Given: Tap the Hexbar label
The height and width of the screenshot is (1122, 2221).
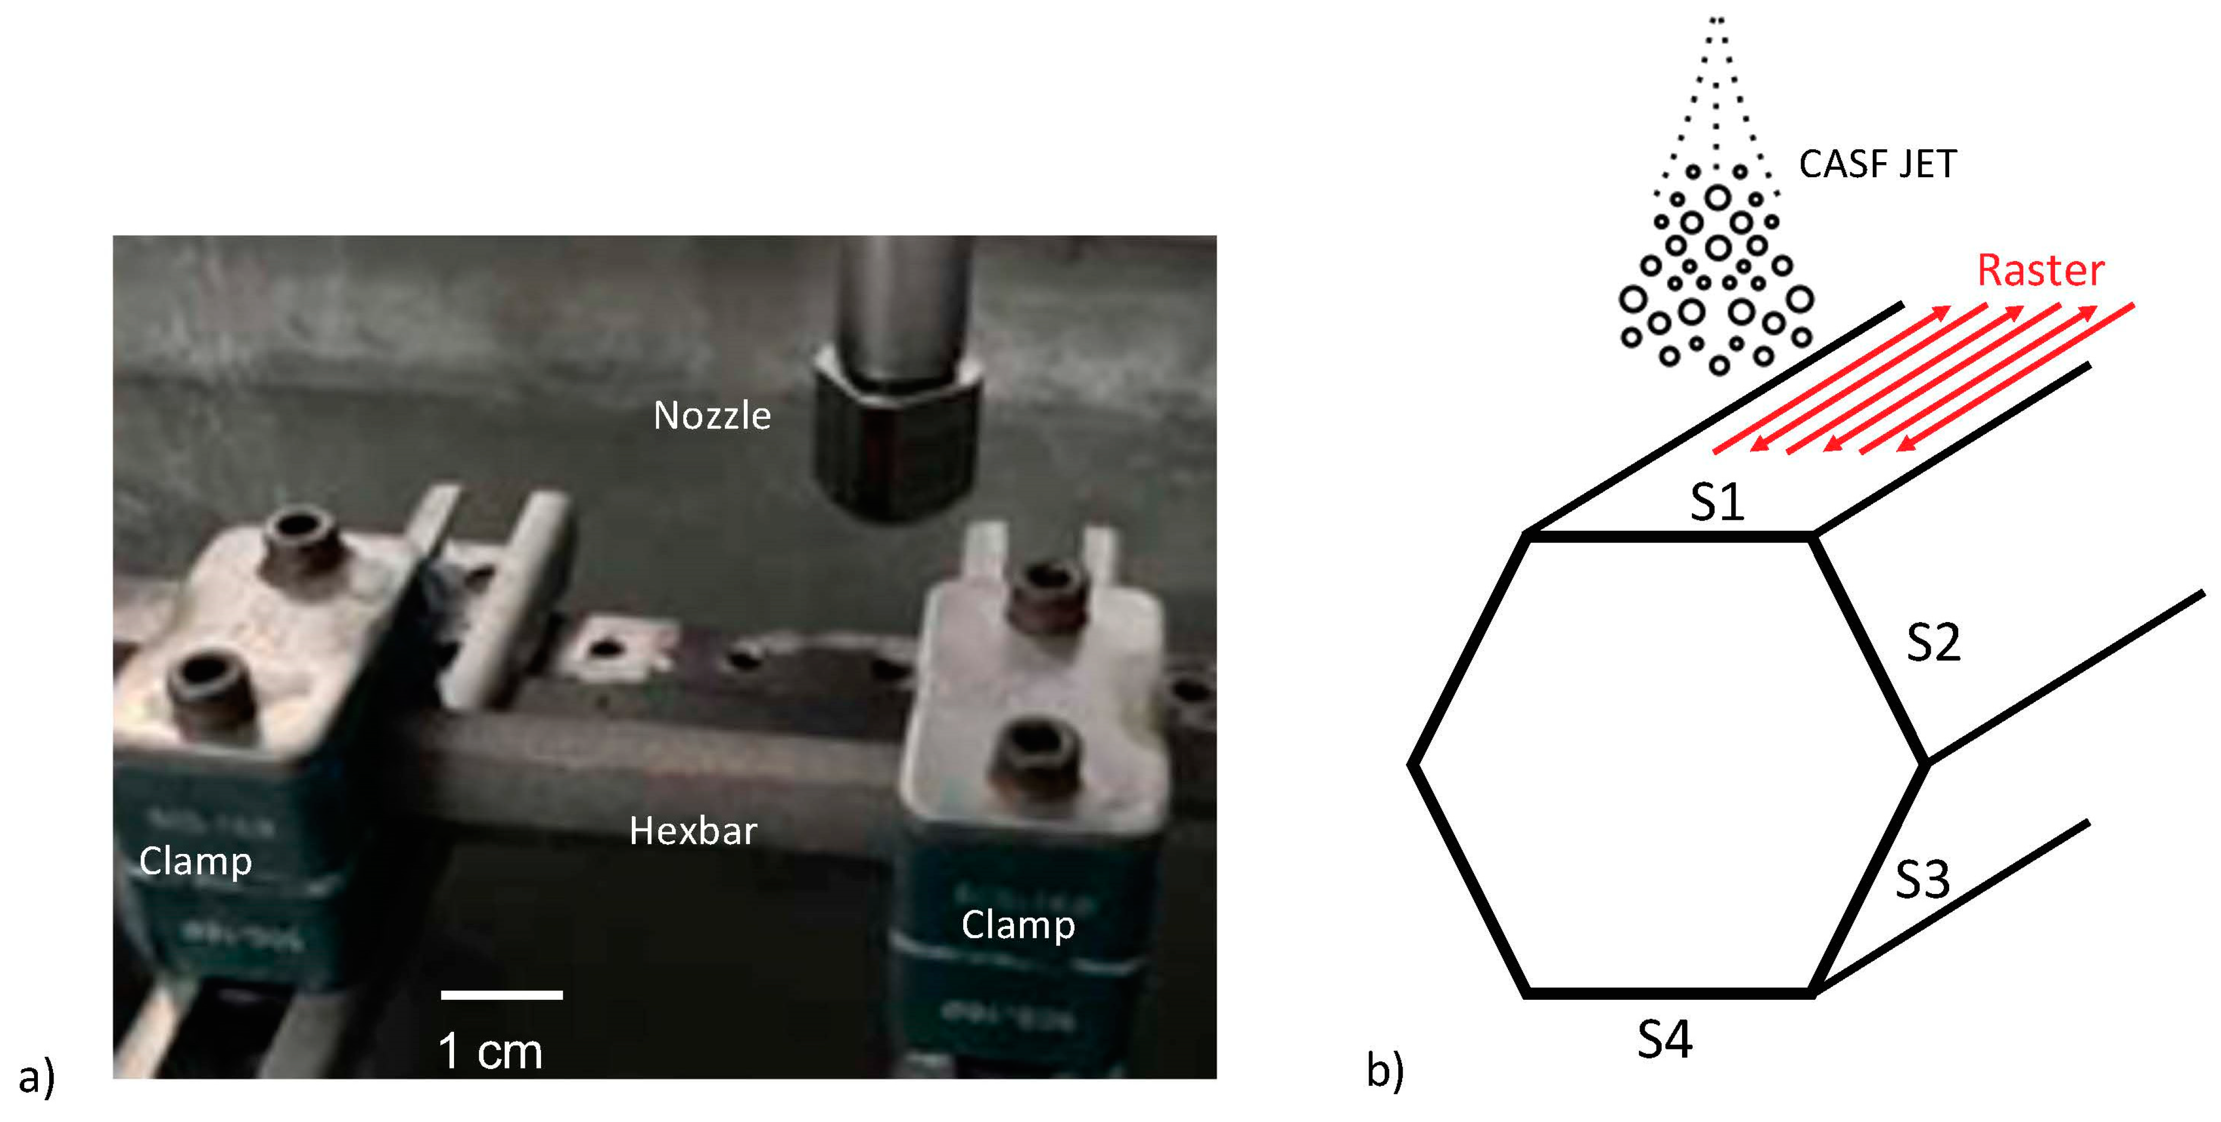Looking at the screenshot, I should click(x=693, y=831).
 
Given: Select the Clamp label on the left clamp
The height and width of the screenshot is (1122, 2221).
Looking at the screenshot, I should click(x=196, y=861).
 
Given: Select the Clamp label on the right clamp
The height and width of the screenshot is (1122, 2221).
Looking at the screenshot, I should click(x=1018, y=925).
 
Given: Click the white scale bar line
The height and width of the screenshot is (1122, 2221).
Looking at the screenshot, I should click(x=502, y=995).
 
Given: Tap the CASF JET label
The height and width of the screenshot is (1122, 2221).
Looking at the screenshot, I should click(x=1878, y=164).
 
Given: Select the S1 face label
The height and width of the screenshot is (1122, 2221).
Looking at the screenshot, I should click(x=1717, y=502).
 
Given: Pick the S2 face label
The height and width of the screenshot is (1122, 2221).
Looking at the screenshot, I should click(x=1933, y=643).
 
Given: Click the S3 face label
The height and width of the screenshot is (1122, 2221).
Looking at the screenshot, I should click(x=1922, y=880).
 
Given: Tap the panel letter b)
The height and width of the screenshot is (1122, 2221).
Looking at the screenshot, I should click(x=1385, y=1070).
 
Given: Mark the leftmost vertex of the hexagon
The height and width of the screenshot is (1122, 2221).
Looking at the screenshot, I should click(x=1411, y=763).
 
